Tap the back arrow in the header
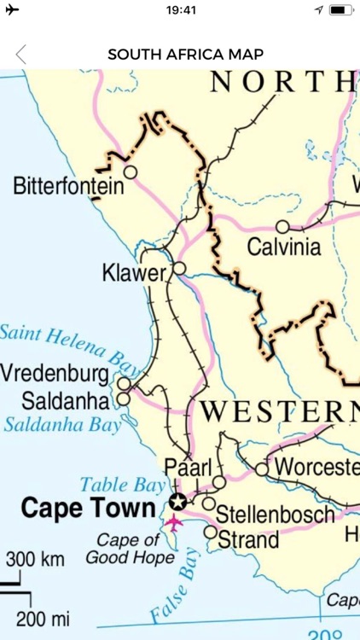coord(21,55)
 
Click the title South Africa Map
coord(185,55)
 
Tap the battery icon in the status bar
coord(341,10)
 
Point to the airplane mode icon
coord(12,10)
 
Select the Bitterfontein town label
coord(68,187)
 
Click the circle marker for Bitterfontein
coord(131,172)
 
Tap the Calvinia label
coord(284,248)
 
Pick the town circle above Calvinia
coord(282,227)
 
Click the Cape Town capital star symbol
coord(177,501)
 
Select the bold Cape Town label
coord(88,508)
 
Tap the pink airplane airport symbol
coord(174,522)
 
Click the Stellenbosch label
coord(275,515)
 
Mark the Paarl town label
coord(187,467)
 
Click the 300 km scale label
coord(36,560)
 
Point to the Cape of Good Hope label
coord(129,550)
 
